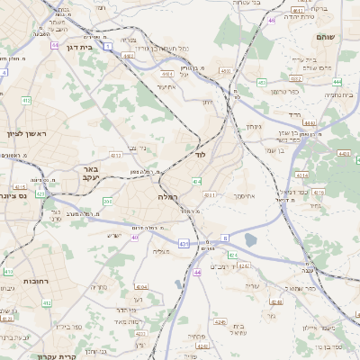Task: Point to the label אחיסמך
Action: tap(244, 195)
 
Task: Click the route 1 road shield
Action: tap(107, 45)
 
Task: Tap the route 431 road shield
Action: tap(184, 243)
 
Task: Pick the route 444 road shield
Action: tap(310, 122)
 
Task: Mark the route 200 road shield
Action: tap(107, 202)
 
